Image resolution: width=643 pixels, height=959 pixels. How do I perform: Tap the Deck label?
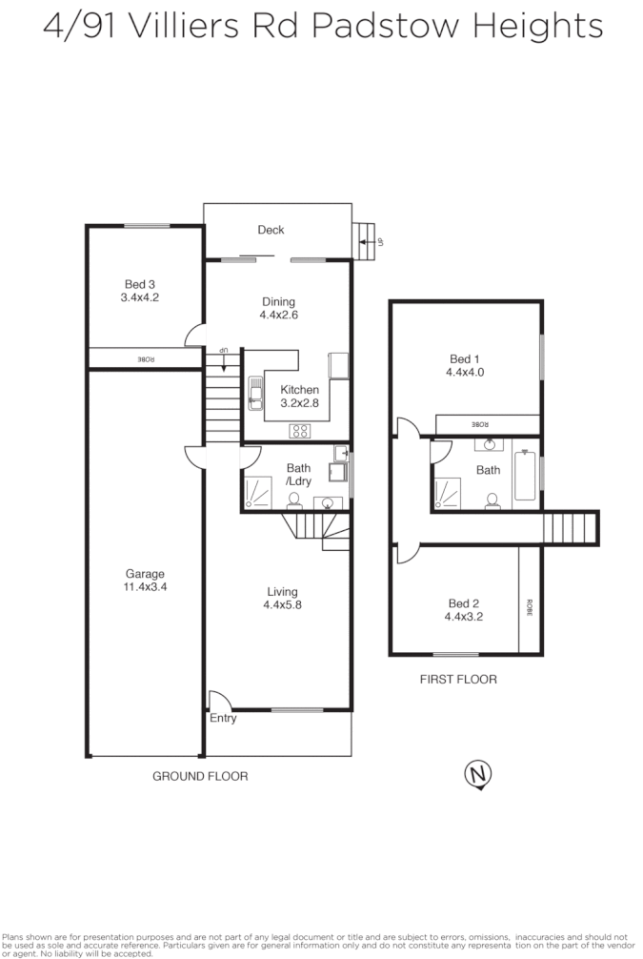coord(271,230)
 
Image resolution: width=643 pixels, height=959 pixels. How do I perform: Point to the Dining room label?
coord(278,302)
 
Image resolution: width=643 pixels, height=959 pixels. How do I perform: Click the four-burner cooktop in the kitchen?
coord(301,430)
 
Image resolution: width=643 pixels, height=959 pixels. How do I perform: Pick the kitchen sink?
coord(255,392)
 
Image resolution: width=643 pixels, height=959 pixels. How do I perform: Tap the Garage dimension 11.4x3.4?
coord(145,587)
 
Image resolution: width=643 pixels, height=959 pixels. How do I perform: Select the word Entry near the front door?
coord(223,718)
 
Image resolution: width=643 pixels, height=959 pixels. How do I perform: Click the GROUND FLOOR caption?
coord(200,777)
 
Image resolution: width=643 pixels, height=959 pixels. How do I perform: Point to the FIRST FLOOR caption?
coord(458,680)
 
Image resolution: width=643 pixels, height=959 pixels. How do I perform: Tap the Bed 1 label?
coord(465,359)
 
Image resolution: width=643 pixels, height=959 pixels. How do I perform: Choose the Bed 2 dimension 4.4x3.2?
coord(465,617)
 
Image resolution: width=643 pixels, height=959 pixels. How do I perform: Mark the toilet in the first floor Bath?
coord(492,500)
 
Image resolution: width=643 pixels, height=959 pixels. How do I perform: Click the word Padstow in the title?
coord(370,26)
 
